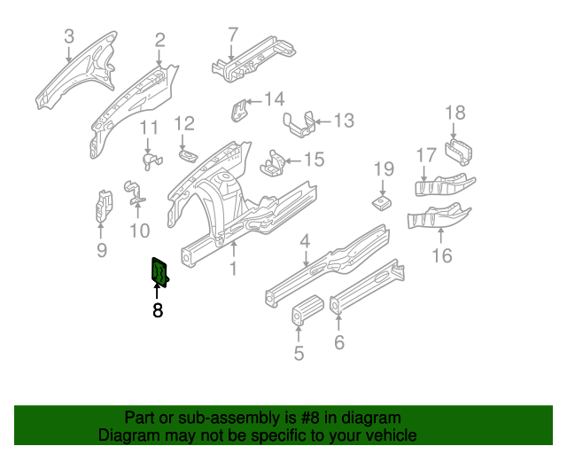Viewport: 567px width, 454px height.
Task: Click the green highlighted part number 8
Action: coord(160,271)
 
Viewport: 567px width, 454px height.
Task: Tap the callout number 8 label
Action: coord(158,310)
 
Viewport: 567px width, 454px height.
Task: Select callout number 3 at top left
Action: coord(69,36)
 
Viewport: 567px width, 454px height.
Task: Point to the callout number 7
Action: coord(233,35)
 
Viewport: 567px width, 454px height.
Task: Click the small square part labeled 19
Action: coord(382,203)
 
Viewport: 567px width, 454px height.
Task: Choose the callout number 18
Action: coord(454,113)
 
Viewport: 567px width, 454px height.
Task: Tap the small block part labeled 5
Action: coord(306,314)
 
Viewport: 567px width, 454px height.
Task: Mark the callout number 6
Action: coord(339,343)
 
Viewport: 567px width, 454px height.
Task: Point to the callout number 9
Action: coord(101,251)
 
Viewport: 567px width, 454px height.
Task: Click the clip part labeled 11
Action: coord(149,158)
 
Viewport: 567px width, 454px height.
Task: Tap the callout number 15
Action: coord(314,160)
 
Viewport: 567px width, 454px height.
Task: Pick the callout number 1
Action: coord(234,269)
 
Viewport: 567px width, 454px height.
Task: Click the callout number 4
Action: coord(304,241)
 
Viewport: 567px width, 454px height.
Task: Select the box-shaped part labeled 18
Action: coord(458,151)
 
